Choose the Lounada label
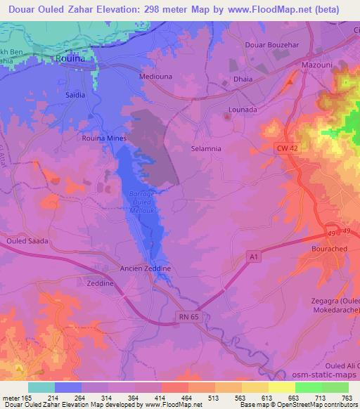coord(243,110)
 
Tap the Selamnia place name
coord(206,149)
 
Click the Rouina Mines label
coord(104,138)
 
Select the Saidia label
coord(75,95)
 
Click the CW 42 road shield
coord(286,148)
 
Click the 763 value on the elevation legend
coord(347,397)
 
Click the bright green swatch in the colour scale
coord(308,387)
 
